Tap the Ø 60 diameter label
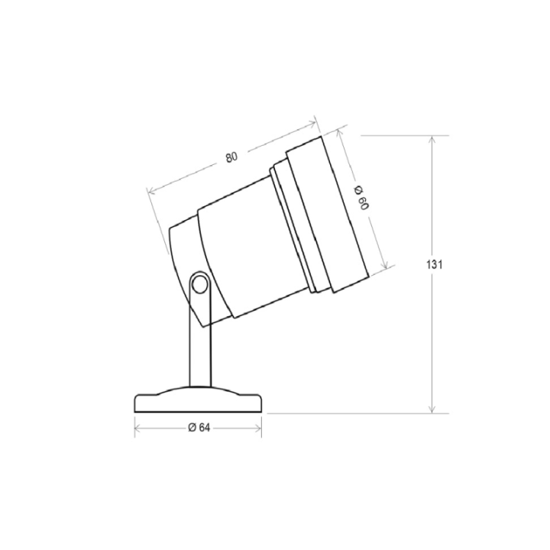coord(362,198)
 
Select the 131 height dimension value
coord(434,264)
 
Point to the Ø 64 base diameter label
coord(199,428)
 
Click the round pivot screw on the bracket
coord(199,285)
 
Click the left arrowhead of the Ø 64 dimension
coord(138,428)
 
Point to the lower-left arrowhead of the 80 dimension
coord(151,189)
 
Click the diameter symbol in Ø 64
coord(191,428)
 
